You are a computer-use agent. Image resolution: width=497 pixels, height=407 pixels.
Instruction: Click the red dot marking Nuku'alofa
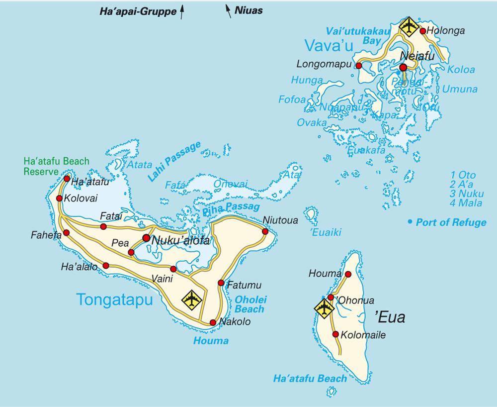coord(146,238)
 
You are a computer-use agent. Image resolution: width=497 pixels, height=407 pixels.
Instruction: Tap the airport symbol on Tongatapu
coord(192,299)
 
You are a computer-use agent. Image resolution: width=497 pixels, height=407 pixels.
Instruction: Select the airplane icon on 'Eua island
coord(324,308)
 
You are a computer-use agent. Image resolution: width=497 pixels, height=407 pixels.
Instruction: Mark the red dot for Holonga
coord(422,31)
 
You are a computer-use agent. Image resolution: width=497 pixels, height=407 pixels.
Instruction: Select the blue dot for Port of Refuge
coord(410,221)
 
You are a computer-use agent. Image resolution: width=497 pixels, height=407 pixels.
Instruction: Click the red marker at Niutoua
coord(265,231)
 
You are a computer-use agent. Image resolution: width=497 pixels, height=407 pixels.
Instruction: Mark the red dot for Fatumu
coord(221,283)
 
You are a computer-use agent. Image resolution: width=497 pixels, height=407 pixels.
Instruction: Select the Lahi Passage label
coord(174,161)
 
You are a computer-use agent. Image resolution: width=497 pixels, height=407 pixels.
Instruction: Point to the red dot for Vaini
coord(173,269)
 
